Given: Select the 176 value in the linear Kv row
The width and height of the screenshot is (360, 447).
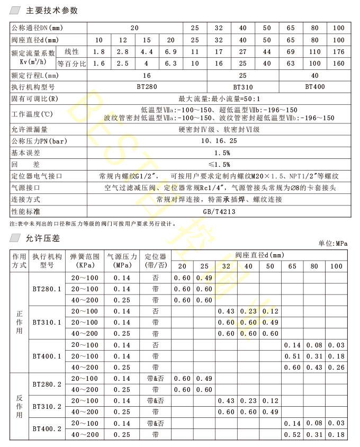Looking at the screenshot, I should [337, 52].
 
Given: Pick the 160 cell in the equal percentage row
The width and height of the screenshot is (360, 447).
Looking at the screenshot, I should [337, 64].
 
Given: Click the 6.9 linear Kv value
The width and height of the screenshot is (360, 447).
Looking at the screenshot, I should [170, 52].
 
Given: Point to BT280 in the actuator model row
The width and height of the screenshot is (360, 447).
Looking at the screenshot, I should [147, 87].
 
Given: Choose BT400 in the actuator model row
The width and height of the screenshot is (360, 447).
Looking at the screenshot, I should [315, 87].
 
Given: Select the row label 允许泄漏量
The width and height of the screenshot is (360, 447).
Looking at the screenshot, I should [30, 129].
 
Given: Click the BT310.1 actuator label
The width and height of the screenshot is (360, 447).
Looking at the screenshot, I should [47, 322].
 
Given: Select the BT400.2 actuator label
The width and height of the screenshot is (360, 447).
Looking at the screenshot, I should [47, 428].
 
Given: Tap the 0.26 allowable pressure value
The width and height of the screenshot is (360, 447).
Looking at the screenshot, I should [336, 367].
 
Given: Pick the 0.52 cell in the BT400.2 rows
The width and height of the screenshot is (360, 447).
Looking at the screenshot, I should [292, 434].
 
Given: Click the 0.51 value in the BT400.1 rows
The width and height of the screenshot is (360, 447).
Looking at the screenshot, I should [292, 356].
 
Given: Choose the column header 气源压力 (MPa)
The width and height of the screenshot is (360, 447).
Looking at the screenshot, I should [122, 261].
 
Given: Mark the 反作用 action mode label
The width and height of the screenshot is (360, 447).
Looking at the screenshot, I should [20, 406].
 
